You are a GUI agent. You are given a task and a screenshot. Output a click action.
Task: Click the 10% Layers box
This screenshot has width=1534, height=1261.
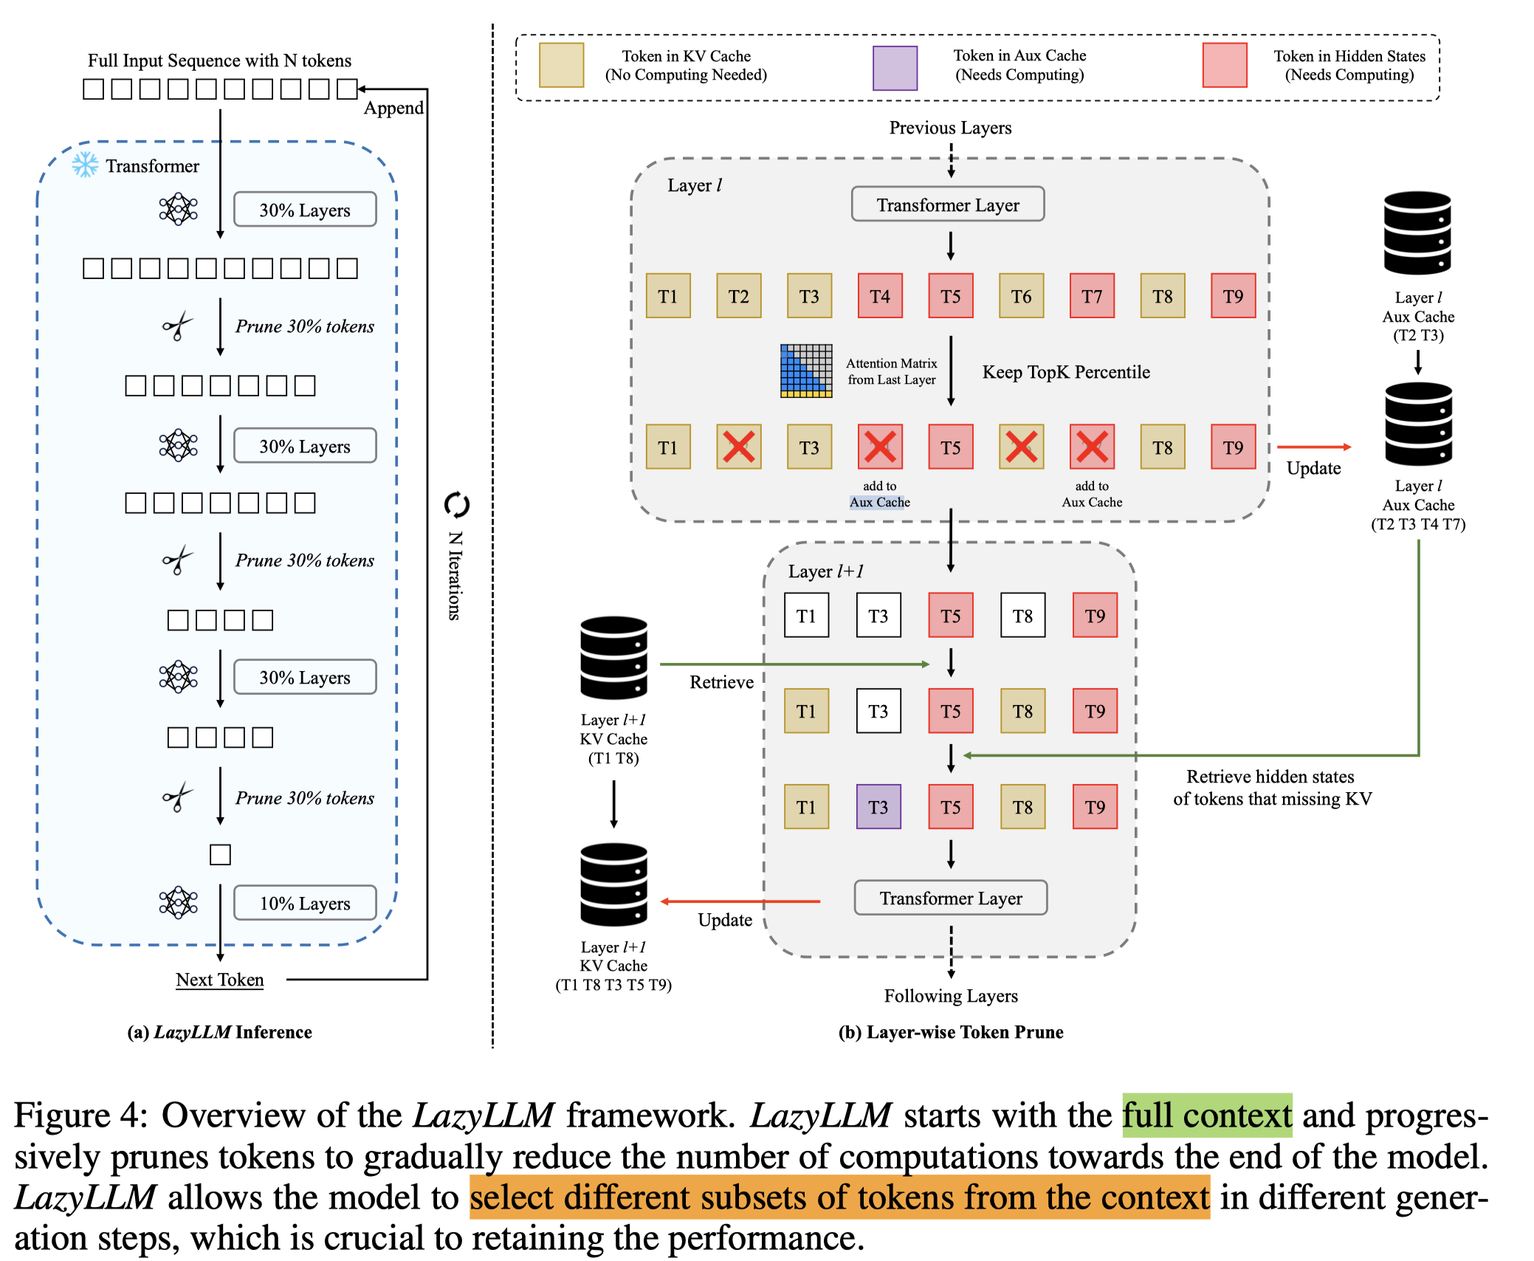[305, 903]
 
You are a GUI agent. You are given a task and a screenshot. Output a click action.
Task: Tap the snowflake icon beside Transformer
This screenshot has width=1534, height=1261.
[85, 165]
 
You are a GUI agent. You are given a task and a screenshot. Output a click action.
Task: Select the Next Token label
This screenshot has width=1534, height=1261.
[219, 980]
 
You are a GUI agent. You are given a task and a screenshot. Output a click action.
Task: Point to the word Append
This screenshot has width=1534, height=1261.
[393, 108]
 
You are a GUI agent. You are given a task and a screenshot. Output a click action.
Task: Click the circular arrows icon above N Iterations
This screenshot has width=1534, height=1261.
[457, 505]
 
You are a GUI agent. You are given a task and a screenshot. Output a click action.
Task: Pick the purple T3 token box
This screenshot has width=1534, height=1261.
[878, 807]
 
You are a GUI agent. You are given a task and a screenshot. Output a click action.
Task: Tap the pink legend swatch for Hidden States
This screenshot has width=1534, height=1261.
[1224, 66]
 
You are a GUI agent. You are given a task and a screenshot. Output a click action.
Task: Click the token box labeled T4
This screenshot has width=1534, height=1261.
[880, 296]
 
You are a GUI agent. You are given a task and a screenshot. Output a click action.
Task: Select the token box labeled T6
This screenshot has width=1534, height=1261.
[1021, 296]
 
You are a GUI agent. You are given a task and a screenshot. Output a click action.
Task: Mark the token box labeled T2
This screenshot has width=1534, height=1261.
[738, 296]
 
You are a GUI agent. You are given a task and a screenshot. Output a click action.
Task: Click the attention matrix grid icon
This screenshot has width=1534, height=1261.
[806, 371]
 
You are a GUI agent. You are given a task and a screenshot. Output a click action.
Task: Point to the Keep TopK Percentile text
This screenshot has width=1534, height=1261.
[1065, 372]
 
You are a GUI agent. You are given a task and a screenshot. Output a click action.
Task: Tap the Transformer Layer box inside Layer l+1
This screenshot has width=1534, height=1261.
[951, 898]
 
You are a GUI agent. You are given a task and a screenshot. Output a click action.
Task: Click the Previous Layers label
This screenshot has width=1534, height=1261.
[950, 128]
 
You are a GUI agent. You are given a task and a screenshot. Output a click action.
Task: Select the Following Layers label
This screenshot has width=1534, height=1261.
[951, 996]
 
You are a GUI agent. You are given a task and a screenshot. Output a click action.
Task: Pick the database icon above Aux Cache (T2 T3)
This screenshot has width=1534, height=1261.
[1417, 233]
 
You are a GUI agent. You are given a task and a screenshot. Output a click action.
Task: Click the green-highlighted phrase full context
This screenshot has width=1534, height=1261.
[1207, 1115]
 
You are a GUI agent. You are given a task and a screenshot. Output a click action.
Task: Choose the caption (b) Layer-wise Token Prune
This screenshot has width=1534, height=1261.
[951, 1032]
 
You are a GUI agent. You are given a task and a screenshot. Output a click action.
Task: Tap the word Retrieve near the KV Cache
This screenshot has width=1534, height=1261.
[721, 682]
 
